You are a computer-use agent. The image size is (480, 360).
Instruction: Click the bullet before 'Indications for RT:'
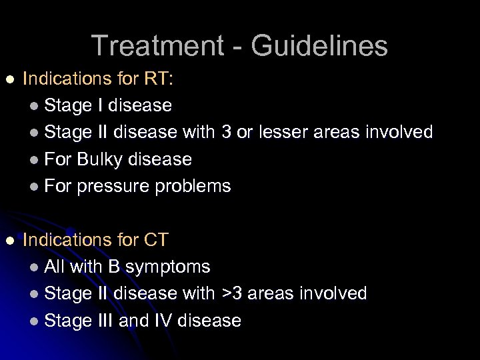coord(9,79)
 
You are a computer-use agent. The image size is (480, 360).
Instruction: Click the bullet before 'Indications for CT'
coord(9,240)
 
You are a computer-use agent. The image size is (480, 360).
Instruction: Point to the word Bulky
coord(100,159)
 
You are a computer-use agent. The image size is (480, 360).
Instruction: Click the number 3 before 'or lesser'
coord(225,132)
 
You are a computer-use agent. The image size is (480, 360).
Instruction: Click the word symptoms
coord(168,267)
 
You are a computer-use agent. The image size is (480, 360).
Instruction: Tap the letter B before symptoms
coord(113,267)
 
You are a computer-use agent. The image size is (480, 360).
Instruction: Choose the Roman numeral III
coord(103,321)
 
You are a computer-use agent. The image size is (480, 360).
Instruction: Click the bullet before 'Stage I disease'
coord(35,106)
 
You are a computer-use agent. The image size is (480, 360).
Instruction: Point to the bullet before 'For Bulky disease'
coord(35,160)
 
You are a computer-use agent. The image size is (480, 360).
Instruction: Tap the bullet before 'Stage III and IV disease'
coord(35,321)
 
